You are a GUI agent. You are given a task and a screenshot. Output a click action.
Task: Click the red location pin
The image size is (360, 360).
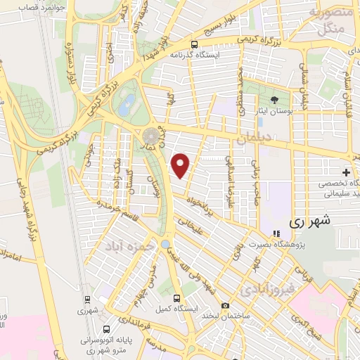coord(181,165)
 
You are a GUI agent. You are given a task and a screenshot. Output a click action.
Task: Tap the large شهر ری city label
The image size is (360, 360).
coord(309,220)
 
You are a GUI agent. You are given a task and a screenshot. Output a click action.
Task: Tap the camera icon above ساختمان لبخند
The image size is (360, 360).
coord(225,305)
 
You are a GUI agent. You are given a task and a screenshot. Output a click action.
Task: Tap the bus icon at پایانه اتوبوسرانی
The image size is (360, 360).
coord(105,328)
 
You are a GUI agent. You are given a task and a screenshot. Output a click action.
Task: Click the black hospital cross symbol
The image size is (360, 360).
coord(346,172)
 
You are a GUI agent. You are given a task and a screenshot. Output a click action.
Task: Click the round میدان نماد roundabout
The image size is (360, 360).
coord(151,135)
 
